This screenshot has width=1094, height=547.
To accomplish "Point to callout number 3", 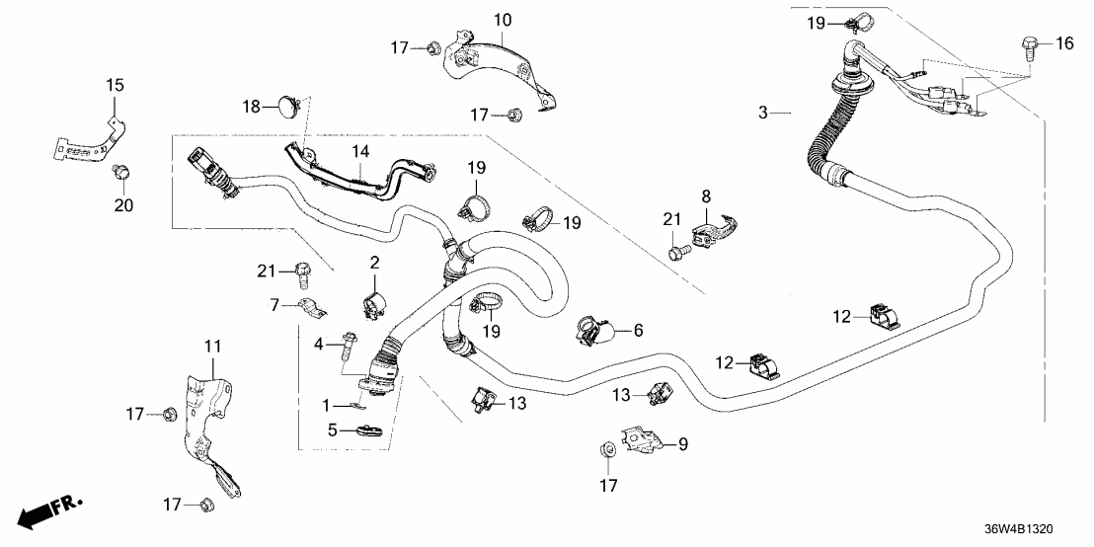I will point(762,114).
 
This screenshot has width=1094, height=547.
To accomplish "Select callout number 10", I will point(503,19).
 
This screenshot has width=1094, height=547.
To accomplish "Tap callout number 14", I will point(360,151).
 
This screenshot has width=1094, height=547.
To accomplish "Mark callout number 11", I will point(213,346).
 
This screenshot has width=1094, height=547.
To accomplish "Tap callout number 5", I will point(333,430).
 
